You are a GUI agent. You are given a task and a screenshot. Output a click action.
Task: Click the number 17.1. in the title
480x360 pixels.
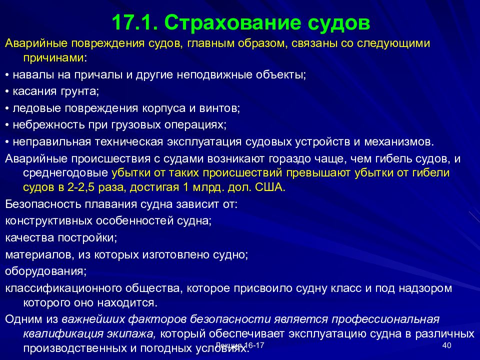click(134, 22)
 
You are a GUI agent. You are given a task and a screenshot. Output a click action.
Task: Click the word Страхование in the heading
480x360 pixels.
click(232, 23)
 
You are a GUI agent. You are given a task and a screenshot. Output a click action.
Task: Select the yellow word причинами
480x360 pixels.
click(53, 58)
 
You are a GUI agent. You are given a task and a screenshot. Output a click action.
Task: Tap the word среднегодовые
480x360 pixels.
click(65, 173)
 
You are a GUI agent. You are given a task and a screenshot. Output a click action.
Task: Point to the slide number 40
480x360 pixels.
click(447, 345)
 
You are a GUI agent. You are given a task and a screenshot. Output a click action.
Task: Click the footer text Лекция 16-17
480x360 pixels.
click(240, 345)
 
